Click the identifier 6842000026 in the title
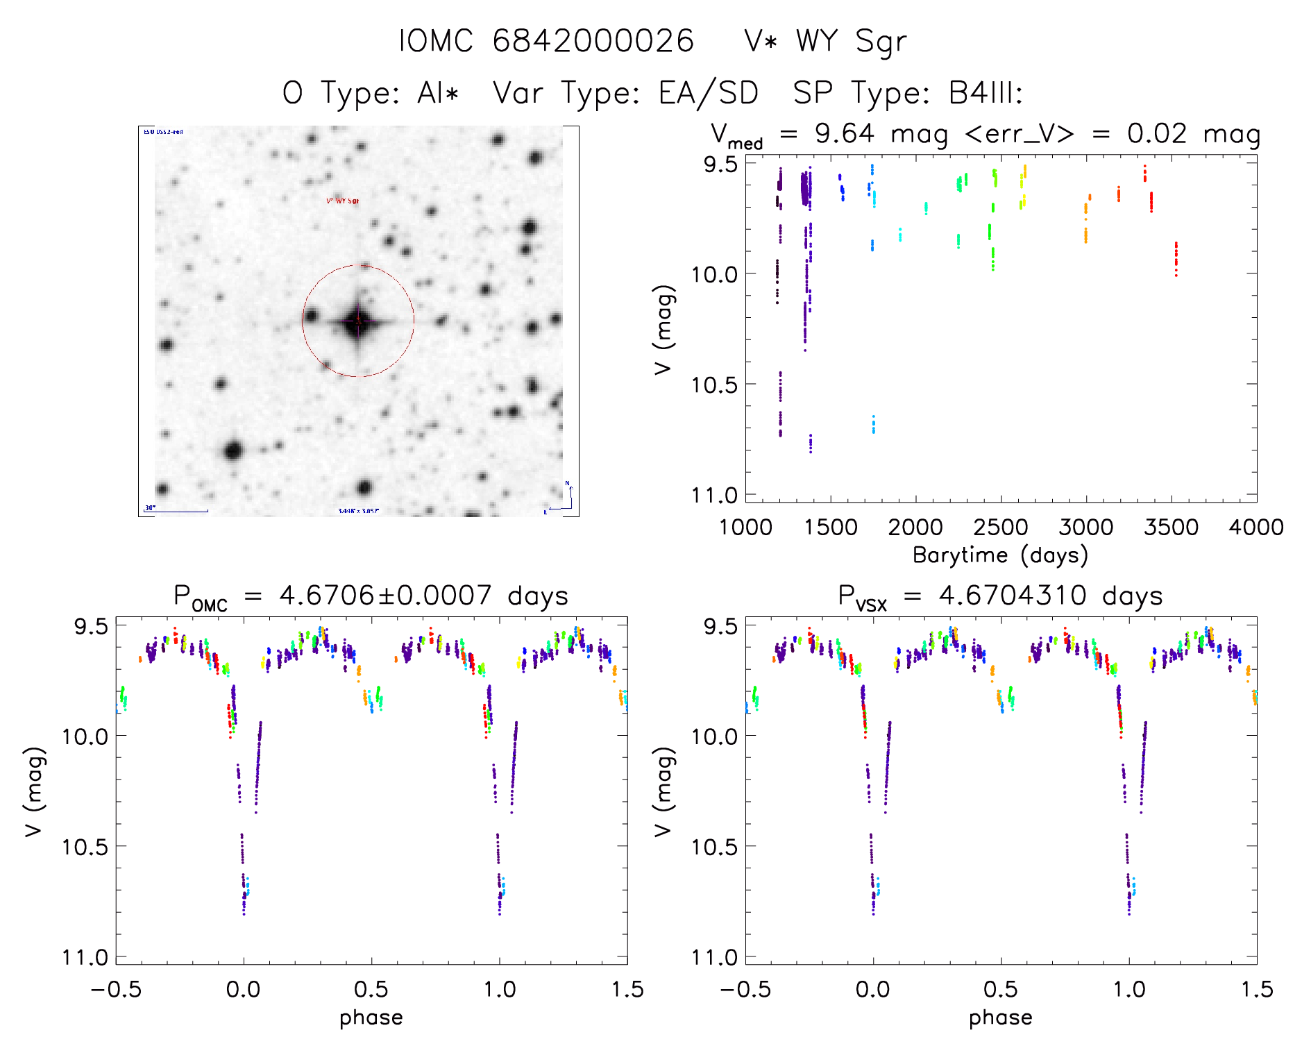[x=593, y=41]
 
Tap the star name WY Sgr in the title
[x=851, y=41]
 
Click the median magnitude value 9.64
[x=845, y=133]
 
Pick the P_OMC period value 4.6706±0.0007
[x=385, y=596]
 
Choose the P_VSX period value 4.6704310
[x=1013, y=596]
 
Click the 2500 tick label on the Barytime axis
[x=1001, y=528]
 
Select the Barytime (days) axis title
[x=1000, y=555]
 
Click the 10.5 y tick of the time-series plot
[x=714, y=385]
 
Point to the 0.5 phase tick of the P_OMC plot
[x=371, y=990]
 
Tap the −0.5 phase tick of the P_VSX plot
[x=745, y=990]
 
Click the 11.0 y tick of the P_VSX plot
[x=714, y=958]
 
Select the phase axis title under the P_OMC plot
[x=371, y=1018]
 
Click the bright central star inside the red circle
[x=358, y=321]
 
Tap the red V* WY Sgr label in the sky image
[x=343, y=201]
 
